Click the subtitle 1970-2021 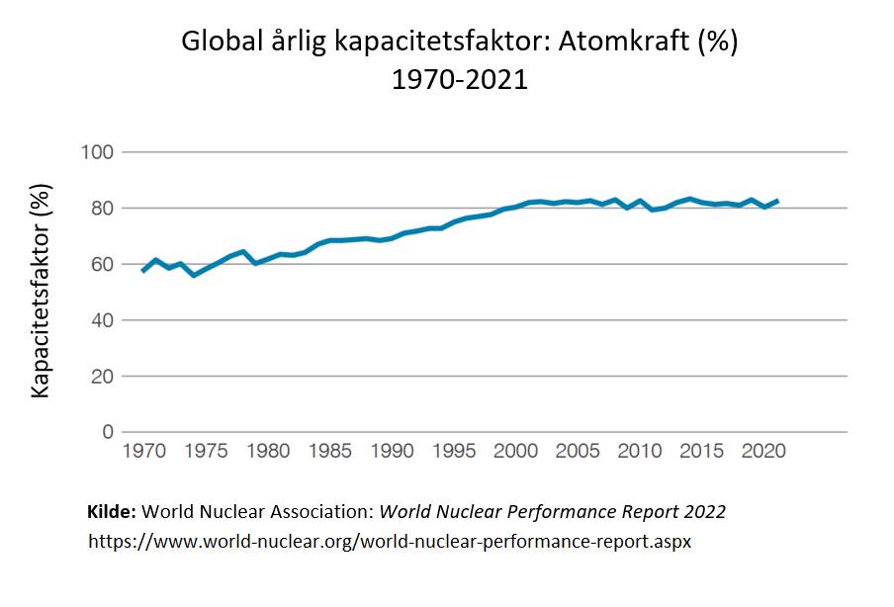tap(460, 80)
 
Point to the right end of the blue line tap(777, 201)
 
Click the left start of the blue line tap(143, 271)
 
